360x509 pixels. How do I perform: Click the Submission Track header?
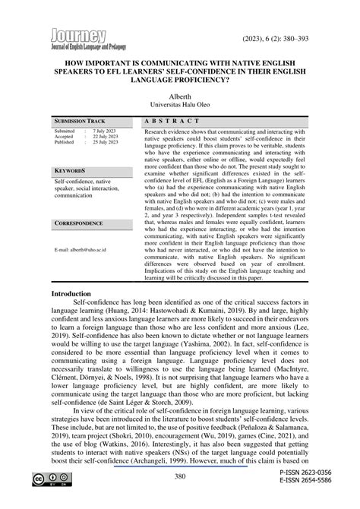80,122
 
